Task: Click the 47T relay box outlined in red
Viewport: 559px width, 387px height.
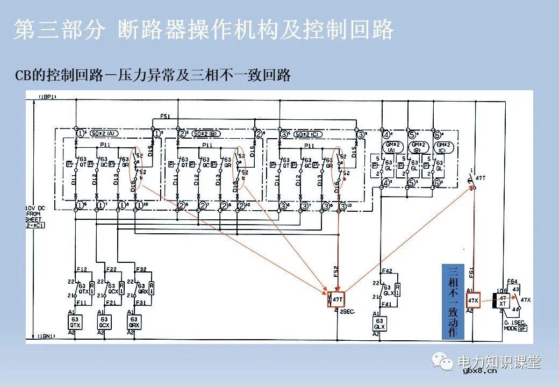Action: [337, 299]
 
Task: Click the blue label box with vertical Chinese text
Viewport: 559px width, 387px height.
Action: [452, 302]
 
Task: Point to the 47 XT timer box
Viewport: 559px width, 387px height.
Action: [502, 300]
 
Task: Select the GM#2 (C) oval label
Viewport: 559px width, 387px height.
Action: [441, 148]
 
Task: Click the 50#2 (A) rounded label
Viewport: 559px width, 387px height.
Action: [103, 133]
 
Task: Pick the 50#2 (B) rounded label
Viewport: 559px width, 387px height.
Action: [204, 133]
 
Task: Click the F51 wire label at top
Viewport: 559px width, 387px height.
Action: [165, 116]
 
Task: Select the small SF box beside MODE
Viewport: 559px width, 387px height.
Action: [523, 328]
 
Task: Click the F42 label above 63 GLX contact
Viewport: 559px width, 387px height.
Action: [386, 271]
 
